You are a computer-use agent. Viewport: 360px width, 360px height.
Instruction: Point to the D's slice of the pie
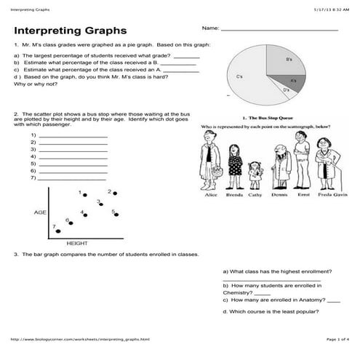(x=287, y=89)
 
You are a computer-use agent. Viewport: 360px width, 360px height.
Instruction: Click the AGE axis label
(x=41, y=212)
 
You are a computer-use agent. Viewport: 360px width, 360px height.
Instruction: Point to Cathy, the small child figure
(x=255, y=175)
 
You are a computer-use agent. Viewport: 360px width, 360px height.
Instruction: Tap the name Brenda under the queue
(x=234, y=194)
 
